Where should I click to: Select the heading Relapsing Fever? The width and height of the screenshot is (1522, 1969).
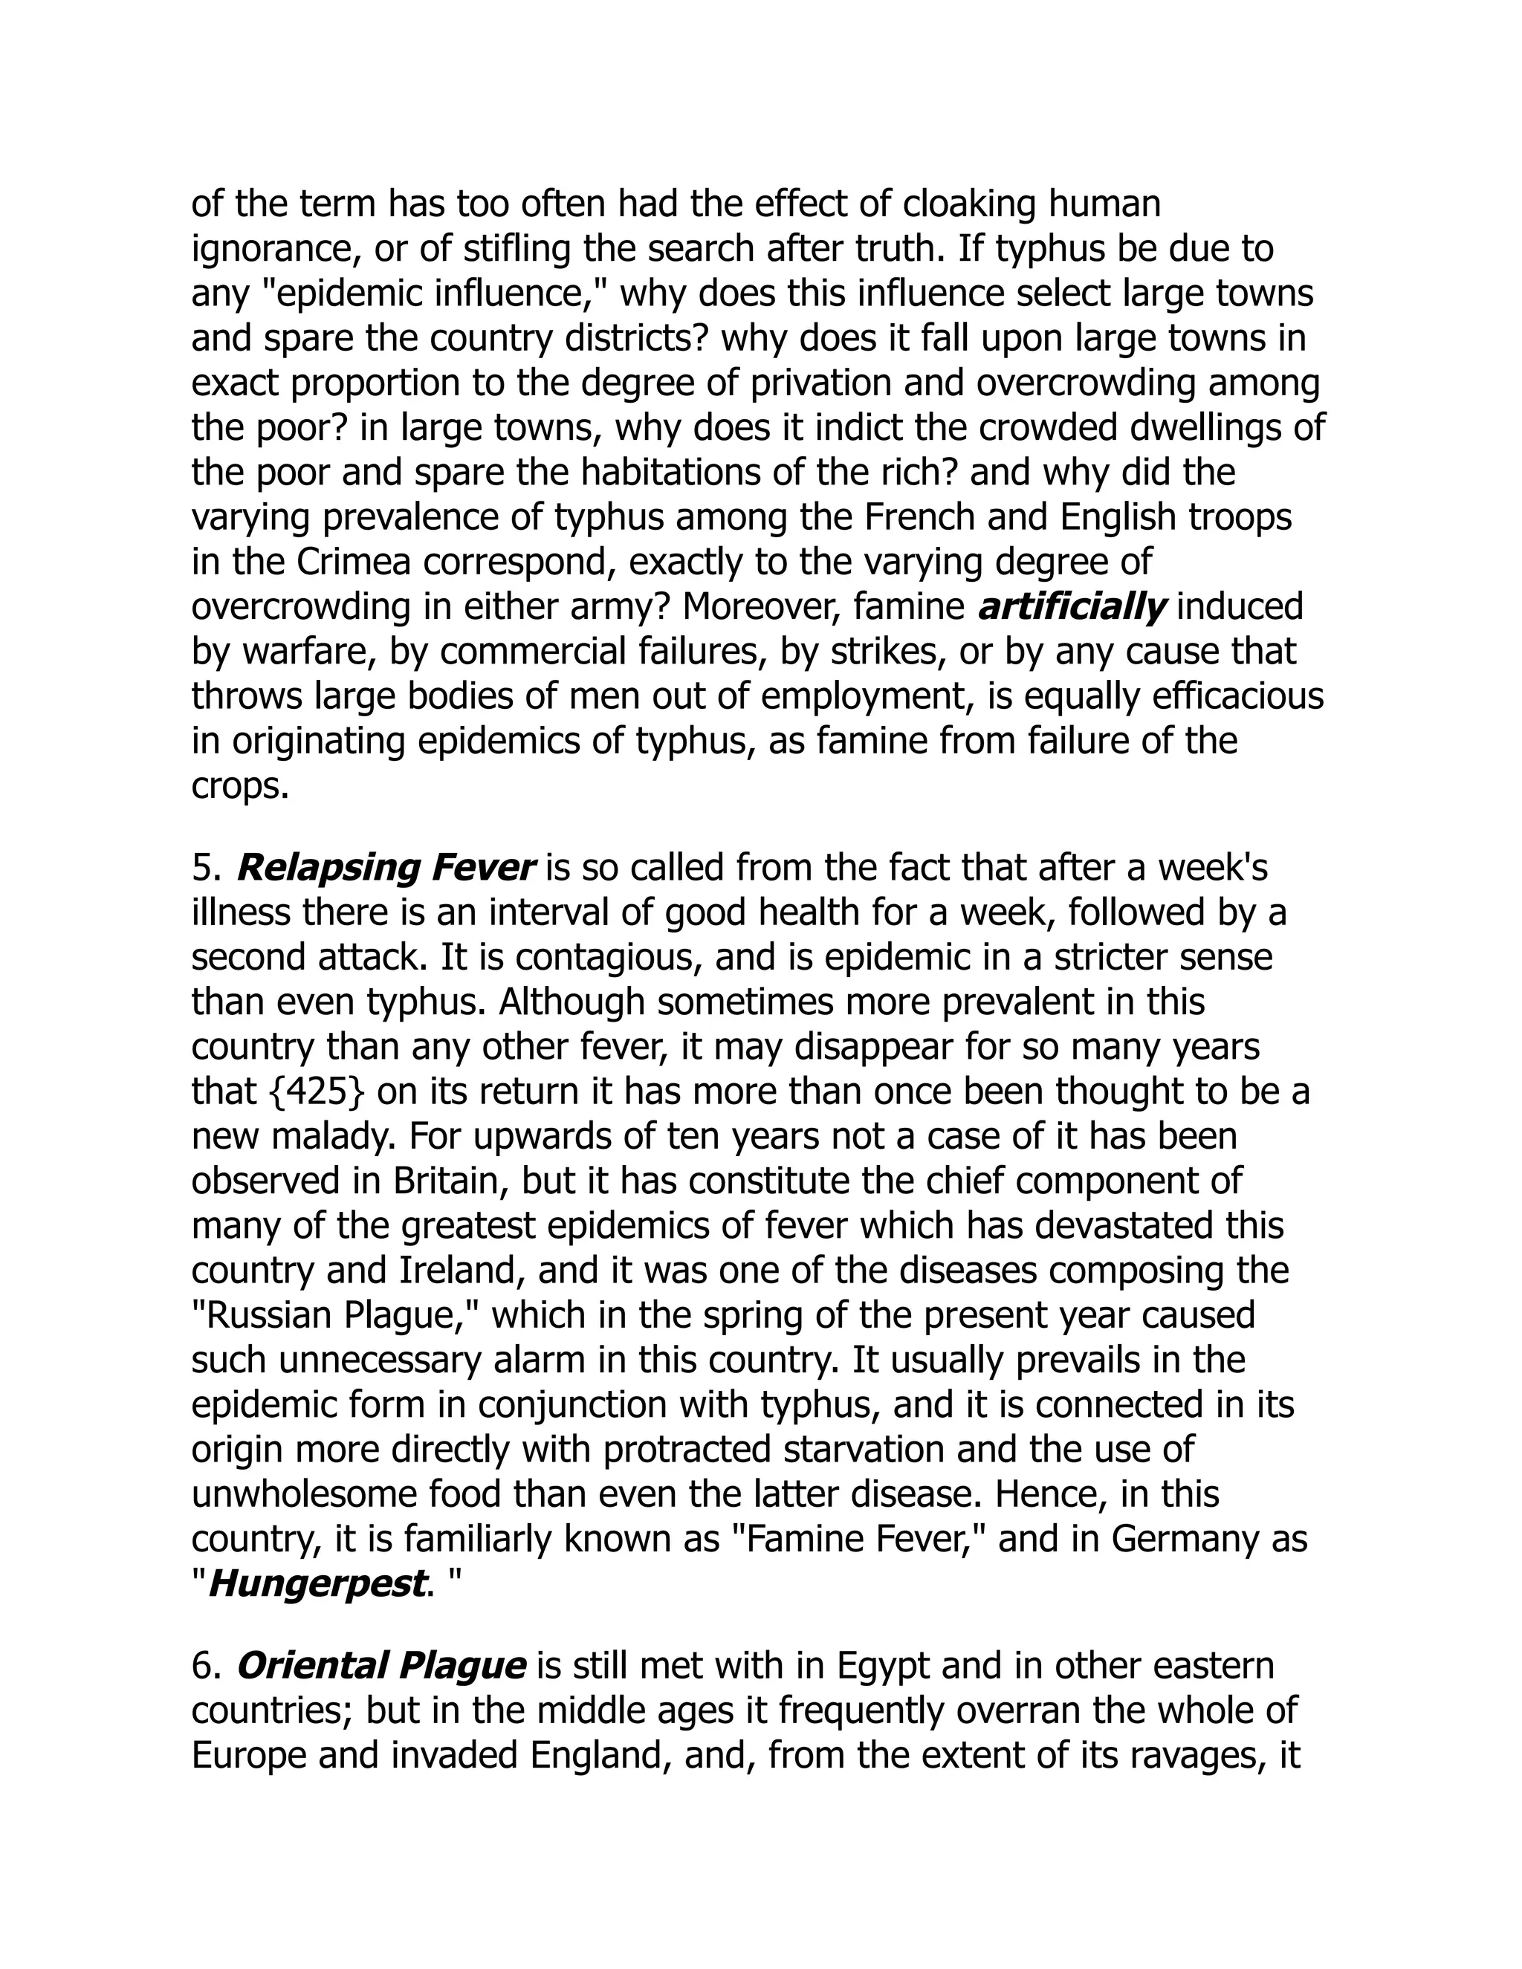(386, 867)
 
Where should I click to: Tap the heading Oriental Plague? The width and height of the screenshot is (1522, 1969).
(380, 1665)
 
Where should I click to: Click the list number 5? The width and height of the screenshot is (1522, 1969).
(206, 867)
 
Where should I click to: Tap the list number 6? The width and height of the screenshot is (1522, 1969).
(206, 1665)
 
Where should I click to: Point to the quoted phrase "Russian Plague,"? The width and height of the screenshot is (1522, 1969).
(334, 1315)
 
